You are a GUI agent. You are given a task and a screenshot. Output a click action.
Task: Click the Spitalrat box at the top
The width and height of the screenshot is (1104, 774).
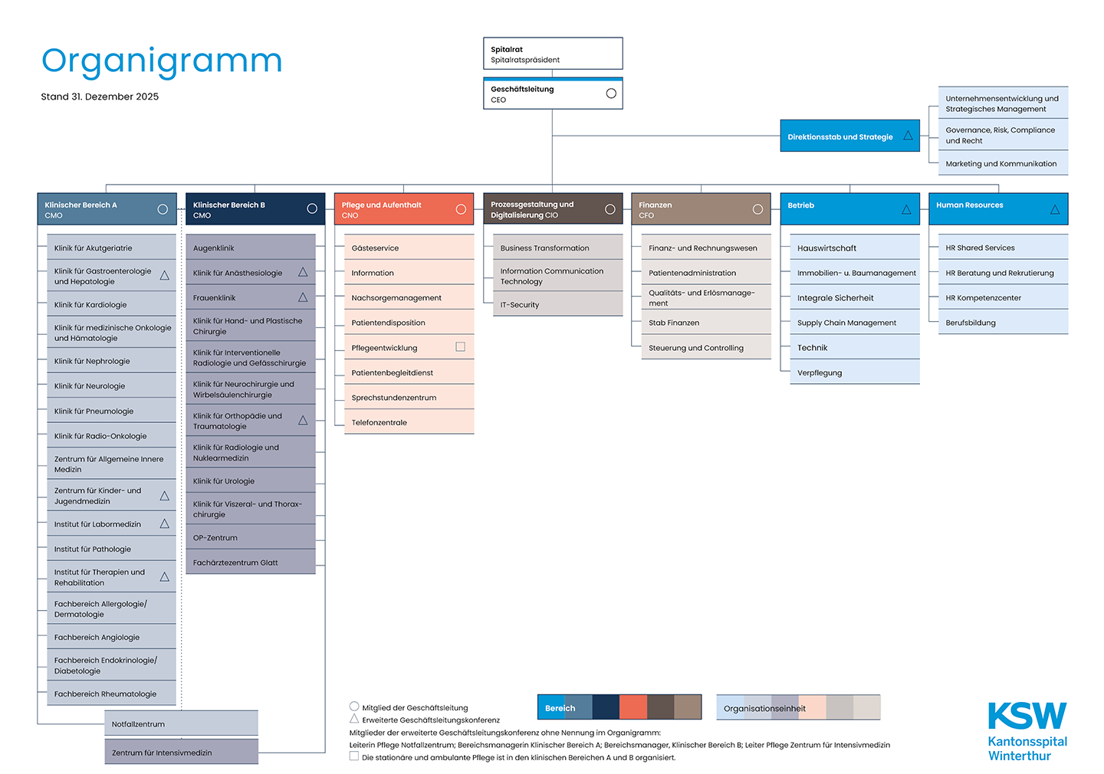pyautogui.click(x=552, y=54)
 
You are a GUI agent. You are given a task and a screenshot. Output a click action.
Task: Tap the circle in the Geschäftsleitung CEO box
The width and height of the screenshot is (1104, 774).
pyautogui.click(x=611, y=93)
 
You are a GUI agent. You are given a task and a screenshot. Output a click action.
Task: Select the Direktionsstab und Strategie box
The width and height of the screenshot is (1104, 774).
pyautogui.click(x=849, y=136)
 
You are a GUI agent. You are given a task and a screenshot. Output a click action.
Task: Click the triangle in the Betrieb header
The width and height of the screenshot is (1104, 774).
pyautogui.click(x=906, y=209)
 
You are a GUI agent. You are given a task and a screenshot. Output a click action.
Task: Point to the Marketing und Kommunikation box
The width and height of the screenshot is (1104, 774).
pyautogui.click(x=1001, y=163)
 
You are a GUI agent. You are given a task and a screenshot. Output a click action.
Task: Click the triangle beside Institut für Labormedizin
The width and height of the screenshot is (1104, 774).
pyautogui.click(x=164, y=523)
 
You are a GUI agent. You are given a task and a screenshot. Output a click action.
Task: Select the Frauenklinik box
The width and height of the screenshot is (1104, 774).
pyautogui.click(x=250, y=297)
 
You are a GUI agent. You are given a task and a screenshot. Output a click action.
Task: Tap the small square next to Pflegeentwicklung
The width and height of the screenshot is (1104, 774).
pyautogui.click(x=461, y=346)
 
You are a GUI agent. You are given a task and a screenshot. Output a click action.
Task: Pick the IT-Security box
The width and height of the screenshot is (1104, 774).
pyautogui.click(x=557, y=304)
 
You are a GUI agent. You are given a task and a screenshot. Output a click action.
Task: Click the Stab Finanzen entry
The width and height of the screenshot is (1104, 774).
pyautogui.click(x=705, y=323)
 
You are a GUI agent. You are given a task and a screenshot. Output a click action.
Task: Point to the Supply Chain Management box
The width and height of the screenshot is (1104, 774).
pyautogui.click(x=854, y=323)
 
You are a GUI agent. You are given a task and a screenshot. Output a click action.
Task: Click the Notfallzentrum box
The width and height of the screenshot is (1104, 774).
pyautogui.click(x=181, y=723)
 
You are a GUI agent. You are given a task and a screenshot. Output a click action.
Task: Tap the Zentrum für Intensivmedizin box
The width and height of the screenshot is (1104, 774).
pyautogui.click(x=181, y=752)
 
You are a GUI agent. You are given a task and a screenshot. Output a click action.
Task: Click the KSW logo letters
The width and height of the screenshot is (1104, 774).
pyautogui.click(x=1027, y=716)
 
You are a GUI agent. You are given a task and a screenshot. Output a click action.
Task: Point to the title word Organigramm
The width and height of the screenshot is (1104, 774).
pyautogui.click(x=162, y=61)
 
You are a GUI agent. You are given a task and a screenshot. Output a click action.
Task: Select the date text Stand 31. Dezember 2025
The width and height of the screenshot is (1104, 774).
pyautogui.click(x=100, y=97)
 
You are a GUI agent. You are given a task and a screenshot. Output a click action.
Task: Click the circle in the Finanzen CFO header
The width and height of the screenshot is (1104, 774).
pyautogui.click(x=757, y=209)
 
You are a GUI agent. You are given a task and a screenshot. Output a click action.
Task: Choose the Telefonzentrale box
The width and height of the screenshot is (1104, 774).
pyautogui.click(x=409, y=422)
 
